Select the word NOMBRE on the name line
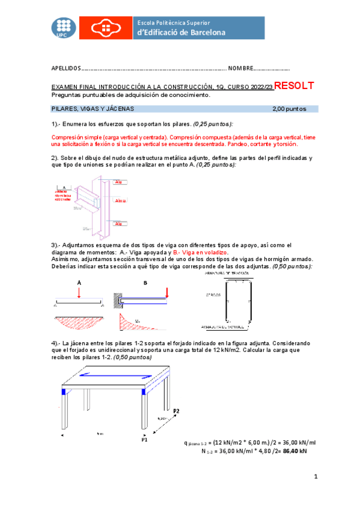pyautogui.click(x=240, y=69)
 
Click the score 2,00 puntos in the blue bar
pyautogui.click(x=289, y=109)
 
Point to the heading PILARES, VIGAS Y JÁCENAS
pyautogui.click(x=93, y=109)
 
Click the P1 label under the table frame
pyautogui.click(x=144, y=440)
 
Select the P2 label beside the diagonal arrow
pyautogui.click(x=176, y=411)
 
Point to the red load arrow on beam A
pyautogui.click(x=79, y=292)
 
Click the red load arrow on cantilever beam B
pyautogui.click(x=166, y=292)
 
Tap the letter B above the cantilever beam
pyautogui.click(x=145, y=281)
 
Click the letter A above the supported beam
pyautogui.click(x=79, y=281)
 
